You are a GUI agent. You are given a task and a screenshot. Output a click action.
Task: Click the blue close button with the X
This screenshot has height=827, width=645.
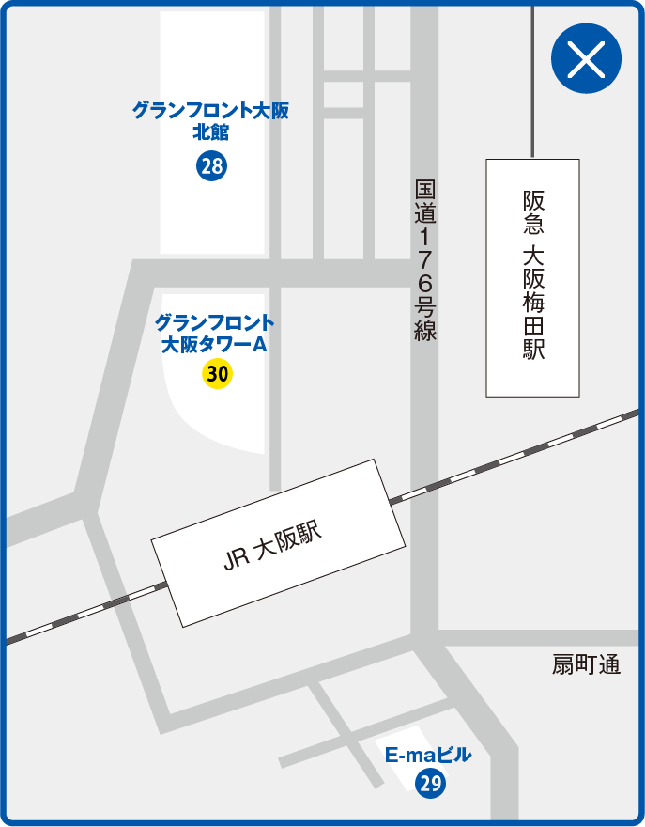(x=586, y=59)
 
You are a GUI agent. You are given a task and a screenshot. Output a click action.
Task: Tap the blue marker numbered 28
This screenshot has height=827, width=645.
(x=211, y=167)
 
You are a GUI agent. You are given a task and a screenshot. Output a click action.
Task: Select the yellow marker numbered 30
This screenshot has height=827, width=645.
(x=217, y=374)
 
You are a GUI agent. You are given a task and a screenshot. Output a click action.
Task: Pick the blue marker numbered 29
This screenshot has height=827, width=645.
(x=430, y=783)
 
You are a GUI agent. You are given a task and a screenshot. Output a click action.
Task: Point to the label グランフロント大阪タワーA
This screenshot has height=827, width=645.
(x=215, y=334)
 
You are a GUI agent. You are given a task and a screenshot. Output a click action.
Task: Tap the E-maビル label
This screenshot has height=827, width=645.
(x=428, y=756)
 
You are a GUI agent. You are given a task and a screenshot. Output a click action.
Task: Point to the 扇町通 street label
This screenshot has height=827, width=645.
(x=587, y=666)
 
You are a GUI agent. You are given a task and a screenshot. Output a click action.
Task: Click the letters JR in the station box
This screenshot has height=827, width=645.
(x=236, y=557)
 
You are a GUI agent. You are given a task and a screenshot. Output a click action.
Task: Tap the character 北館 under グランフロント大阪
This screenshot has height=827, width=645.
(x=210, y=133)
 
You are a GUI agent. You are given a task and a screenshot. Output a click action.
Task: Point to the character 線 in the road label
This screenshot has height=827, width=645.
(x=425, y=330)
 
